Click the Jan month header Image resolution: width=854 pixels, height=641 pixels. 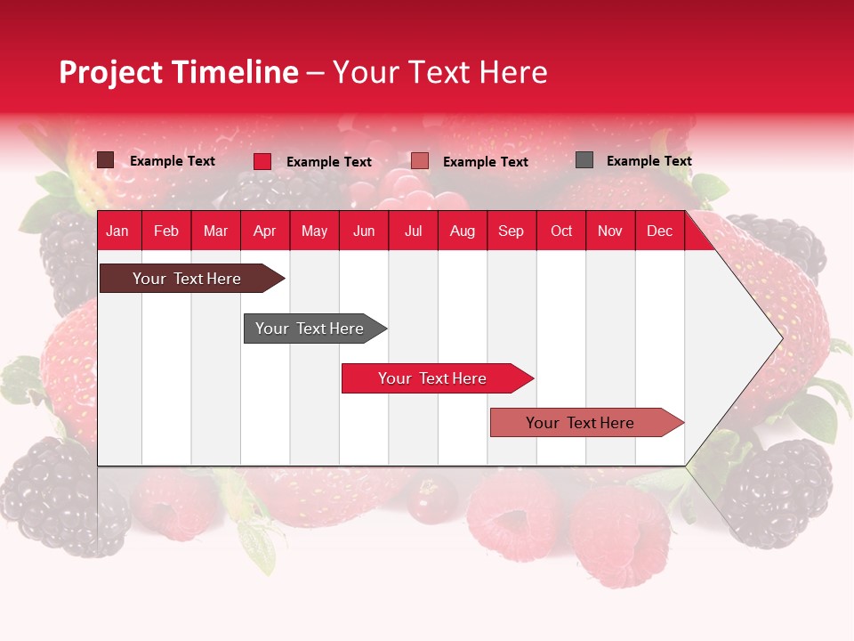click(x=118, y=231)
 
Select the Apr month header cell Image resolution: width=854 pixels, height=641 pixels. click(x=265, y=231)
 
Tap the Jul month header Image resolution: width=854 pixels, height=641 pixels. click(x=413, y=231)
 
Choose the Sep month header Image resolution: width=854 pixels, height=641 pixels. click(x=512, y=231)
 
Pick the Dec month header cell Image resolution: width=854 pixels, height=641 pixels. click(x=659, y=231)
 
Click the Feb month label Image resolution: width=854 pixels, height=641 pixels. click(x=166, y=231)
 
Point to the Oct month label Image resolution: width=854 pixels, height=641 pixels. click(x=561, y=231)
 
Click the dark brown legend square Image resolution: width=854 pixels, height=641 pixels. click(x=106, y=160)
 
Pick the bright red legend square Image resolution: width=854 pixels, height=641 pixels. click(x=262, y=161)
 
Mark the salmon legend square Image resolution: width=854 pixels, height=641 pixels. click(x=420, y=161)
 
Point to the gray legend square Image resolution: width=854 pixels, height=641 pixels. click(x=584, y=160)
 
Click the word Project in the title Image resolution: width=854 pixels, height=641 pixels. click(x=111, y=72)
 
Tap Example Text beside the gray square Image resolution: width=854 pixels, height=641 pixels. click(x=649, y=161)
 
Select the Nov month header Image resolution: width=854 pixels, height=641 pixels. click(x=610, y=231)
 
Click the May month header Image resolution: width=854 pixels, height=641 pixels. click(x=314, y=231)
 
